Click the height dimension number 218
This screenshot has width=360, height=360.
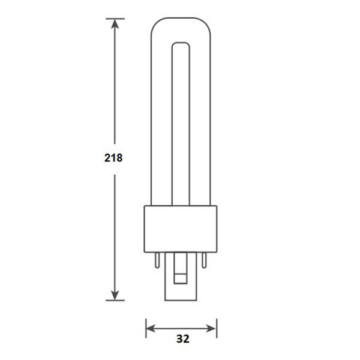pyautogui.click(x=113, y=158)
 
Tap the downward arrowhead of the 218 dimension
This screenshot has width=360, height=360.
pyautogui.click(x=114, y=293)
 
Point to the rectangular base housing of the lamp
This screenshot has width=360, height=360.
pyautogui.click(x=181, y=229)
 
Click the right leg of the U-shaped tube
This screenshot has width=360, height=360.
pyautogui.click(x=200, y=120)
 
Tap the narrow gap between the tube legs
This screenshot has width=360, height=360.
pyautogui.click(x=181, y=120)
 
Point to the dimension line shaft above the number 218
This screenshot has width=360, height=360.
pyautogui.click(x=114, y=90)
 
